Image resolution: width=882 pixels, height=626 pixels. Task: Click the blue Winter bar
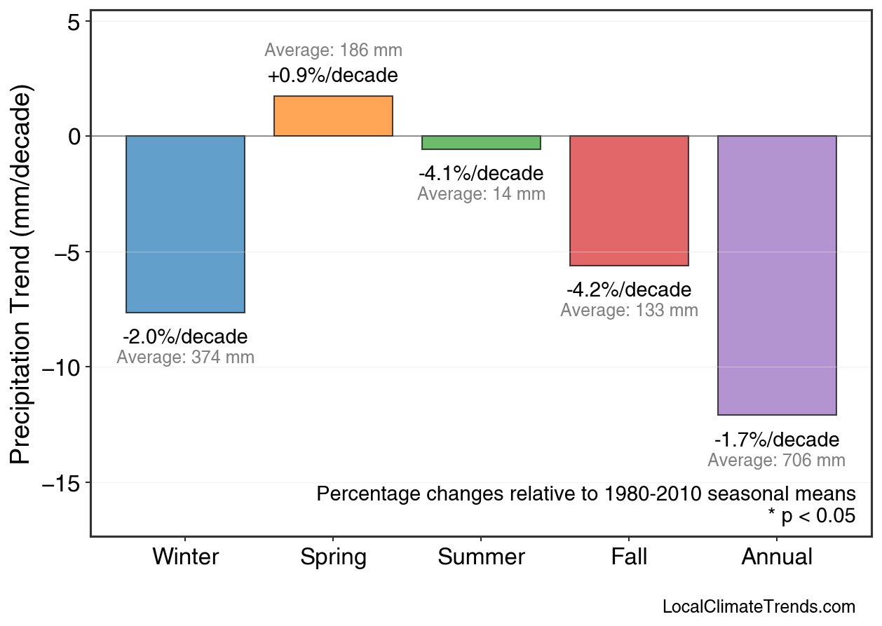pyautogui.click(x=185, y=224)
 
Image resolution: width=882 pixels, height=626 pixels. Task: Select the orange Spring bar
pyautogui.click(x=333, y=116)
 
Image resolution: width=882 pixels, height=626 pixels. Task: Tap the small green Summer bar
pyautogui.click(x=481, y=143)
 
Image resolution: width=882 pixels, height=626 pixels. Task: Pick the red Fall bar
pyautogui.click(x=629, y=200)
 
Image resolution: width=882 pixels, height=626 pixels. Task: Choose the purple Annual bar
pyautogui.click(x=777, y=275)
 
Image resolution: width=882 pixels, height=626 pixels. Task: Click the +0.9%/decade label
pyautogui.click(x=333, y=75)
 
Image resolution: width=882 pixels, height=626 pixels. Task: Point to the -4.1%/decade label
pyautogui.click(x=481, y=173)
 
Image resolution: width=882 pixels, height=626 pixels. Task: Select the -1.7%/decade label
pyautogui.click(x=777, y=440)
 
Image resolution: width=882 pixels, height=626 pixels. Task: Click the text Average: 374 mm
pyautogui.click(x=185, y=358)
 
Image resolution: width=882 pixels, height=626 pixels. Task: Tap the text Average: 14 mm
pyautogui.click(x=481, y=194)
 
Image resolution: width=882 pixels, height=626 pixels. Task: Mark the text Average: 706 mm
pyautogui.click(x=777, y=461)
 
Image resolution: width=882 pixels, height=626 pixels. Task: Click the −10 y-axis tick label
pyautogui.click(x=66, y=367)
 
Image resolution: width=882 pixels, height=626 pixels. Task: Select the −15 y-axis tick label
pyautogui.click(x=66, y=483)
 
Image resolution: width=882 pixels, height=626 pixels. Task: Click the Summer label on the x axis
pyautogui.click(x=481, y=557)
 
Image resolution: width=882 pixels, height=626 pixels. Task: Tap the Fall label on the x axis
pyautogui.click(x=629, y=557)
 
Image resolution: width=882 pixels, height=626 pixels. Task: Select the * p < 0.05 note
pyautogui.click(x=811, y=517)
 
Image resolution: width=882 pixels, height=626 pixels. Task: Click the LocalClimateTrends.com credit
pyautogui.click(x=759, y=607)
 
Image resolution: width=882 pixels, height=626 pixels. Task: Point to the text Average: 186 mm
pyautogui.click(x=333, y=50)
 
